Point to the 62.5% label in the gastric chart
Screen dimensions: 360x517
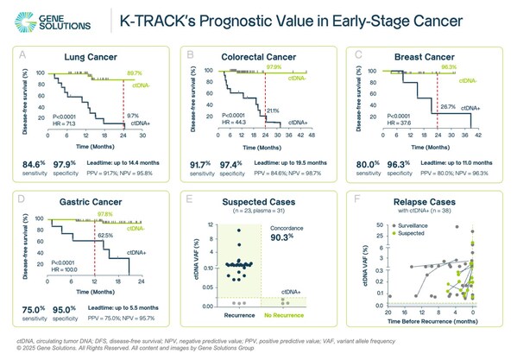(104, 233)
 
